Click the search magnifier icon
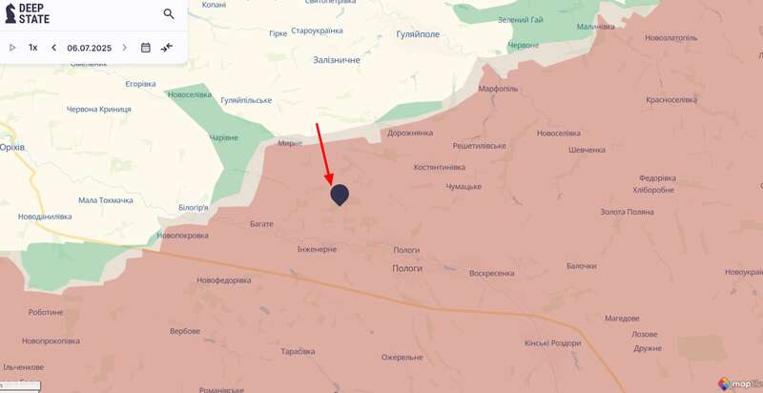(169, 14)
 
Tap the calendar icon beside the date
(146, 48)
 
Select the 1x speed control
(33, 48)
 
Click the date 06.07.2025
(89, 48)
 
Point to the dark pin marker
(340, 194)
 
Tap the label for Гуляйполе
(418, 33)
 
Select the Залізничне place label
(337, 59)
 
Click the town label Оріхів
(11, 147)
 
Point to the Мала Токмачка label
(106, 200)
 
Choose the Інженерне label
(317, 249)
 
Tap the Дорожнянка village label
(409, 133)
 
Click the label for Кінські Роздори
(552, 343)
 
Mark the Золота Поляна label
(628, 212)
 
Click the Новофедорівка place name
(224, 279)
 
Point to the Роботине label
(46, 312)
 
